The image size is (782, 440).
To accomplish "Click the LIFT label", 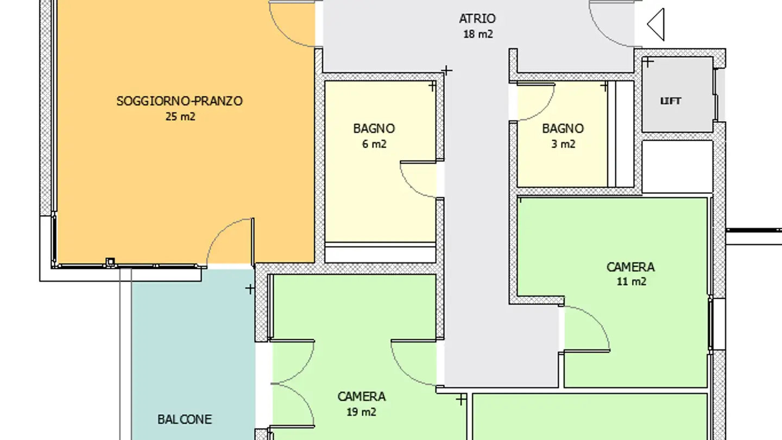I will click(671, 101).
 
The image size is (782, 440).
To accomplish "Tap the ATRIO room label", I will click(477, 18).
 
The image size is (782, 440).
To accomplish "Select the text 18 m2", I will click(478, 34).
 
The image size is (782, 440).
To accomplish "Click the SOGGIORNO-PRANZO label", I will click(179, 101).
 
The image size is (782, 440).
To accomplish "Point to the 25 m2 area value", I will click(180, 116).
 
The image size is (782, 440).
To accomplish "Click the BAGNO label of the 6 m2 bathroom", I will click(374, 129).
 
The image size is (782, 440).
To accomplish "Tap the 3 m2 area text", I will click(563, 144).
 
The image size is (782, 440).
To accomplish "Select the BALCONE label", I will click(184, 419).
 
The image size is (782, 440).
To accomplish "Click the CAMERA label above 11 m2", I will click(630, 267).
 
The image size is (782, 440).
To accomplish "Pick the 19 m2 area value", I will click(362, 412).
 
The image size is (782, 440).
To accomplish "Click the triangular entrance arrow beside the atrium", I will click(657, 24).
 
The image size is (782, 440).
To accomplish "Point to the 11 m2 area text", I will click(631, 282).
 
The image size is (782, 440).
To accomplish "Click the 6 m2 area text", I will click(374, 144).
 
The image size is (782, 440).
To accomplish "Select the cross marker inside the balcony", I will click(250, 289).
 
